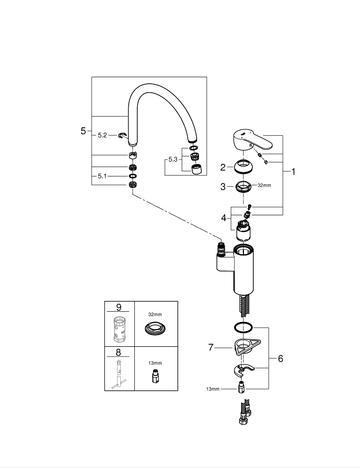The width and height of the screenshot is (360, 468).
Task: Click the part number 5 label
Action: tap(83, 131)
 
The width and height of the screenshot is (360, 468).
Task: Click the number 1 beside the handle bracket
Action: tap(294, 172)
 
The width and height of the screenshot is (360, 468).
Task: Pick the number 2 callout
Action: tap(223, 166)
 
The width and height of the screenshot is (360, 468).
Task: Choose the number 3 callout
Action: tap(223, 186)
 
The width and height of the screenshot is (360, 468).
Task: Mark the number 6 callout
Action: tap(280, 358)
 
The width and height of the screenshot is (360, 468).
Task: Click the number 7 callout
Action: tap(211, 348)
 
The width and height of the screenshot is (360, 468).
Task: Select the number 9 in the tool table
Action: tap(118, 307)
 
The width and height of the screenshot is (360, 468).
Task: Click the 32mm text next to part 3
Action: tap(264, 185)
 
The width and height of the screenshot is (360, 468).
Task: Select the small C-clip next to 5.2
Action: tap(123, 135)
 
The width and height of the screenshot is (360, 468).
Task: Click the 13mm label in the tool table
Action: tap(155, 363)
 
